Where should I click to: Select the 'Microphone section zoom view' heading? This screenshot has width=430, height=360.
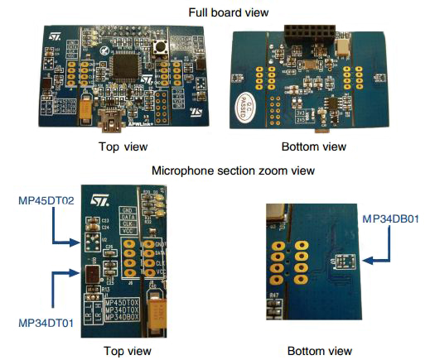tap(215, 170)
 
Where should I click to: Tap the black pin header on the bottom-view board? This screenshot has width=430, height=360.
tap(308, 36)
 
